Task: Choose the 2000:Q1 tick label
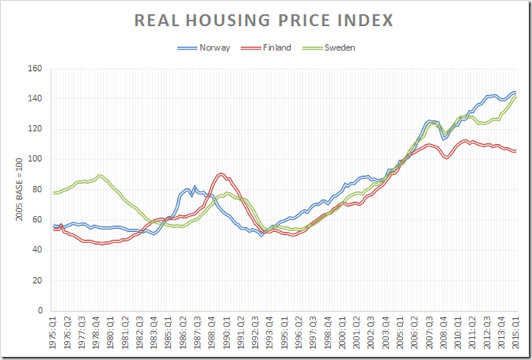(x=343, y=336)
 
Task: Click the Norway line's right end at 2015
(x=515, y=92)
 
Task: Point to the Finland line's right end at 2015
(x=515, y=151)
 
